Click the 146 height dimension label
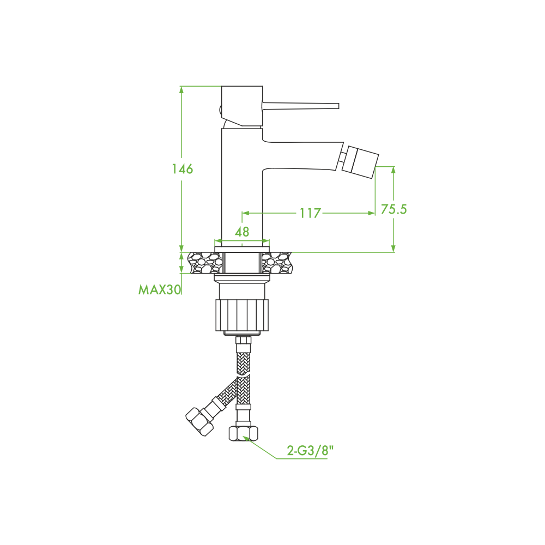coord(183,169)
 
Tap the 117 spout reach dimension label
coord(310,213)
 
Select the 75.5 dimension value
coord(393,209)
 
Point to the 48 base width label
coord(242,232)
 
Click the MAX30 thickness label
coord(160,289)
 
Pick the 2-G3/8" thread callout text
coord(310,451)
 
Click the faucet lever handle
coord(300,106)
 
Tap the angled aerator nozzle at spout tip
coord(360,162)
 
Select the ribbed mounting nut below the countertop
coord(243,315)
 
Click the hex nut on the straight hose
coord(243,434)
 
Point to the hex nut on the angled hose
coord(199,421)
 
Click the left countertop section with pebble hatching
coord(205,263)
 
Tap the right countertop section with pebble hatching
coord(277,263)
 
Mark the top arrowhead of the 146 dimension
coord(181,89)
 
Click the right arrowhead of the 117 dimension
coord(371,213)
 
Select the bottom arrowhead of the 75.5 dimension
coord(393,249)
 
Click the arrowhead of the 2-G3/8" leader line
coord(246,438)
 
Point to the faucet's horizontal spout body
coord(302,156)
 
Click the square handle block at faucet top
coord(242,106)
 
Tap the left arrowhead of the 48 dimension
coord(219,241)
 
